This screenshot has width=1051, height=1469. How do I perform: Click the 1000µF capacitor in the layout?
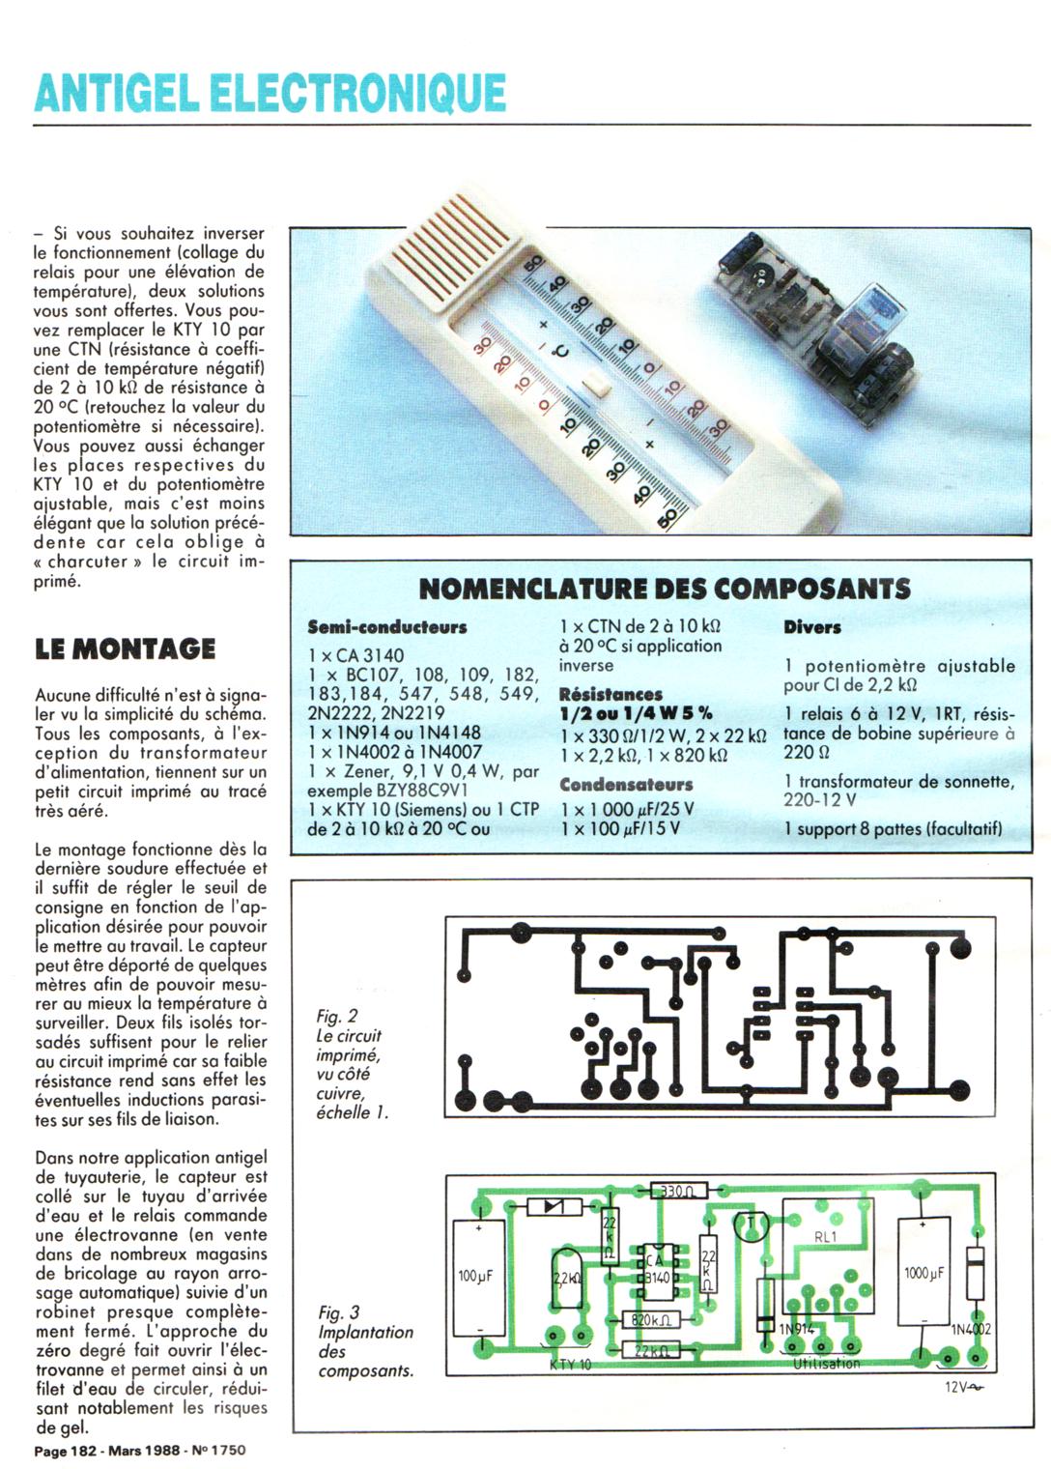click(923, 1273)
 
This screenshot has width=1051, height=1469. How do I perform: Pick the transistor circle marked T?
click(751, 1224)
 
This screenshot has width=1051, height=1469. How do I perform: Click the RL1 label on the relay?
click(826, 1237)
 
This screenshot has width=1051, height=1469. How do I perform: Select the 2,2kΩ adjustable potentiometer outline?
click(568, 1279)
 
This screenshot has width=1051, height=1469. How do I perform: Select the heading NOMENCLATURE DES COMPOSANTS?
click(665, 589)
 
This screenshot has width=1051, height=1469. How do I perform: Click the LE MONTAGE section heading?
click(125, 648)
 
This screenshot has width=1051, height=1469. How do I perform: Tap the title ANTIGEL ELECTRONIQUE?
click(270, 93)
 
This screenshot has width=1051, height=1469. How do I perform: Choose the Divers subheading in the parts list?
click(811, 627)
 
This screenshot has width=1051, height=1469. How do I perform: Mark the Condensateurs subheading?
click(626, 785)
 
